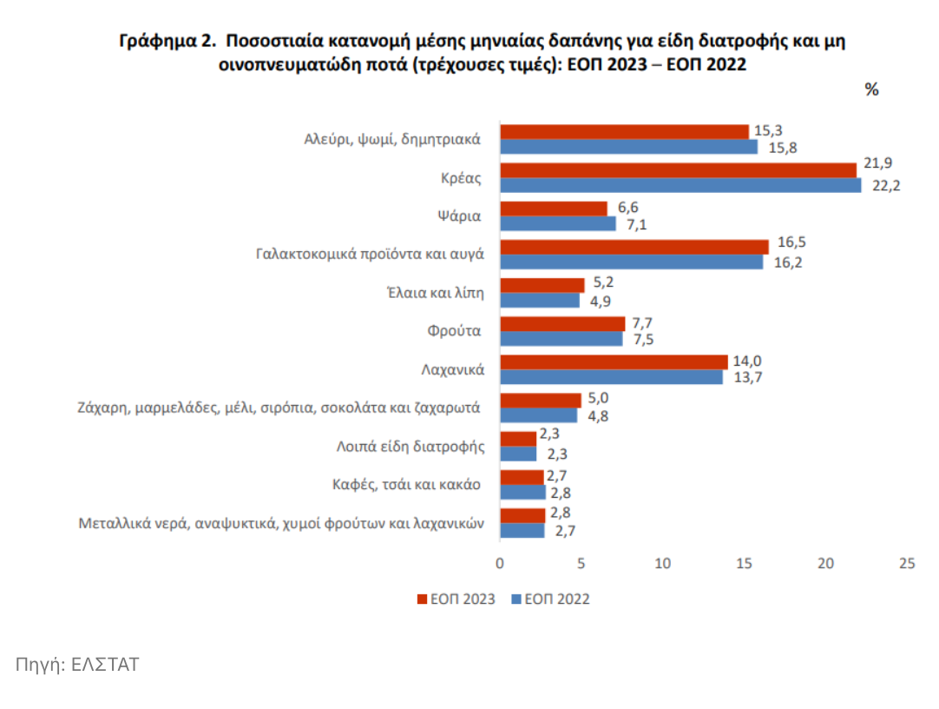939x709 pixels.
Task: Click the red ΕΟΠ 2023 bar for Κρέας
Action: tap(678, 170)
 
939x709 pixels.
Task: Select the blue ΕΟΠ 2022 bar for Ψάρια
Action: tap(557, 224)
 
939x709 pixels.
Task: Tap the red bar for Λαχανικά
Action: tap(614, 362)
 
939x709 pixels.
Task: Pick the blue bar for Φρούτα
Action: tap(561, 339)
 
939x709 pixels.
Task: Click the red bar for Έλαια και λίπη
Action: tap(542, 285)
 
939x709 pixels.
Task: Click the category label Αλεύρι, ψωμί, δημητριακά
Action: tap(392, 139)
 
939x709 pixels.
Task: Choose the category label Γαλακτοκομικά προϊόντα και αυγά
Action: tap(370, 255)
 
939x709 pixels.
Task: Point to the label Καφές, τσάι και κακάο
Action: tap(407, 484)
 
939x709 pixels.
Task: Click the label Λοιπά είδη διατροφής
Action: tap(410, 447)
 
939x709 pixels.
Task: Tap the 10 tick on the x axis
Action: tap(663, 563)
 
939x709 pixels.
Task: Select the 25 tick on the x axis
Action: tap(907, 563)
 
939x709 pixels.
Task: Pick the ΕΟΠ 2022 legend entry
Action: tap(550, 599)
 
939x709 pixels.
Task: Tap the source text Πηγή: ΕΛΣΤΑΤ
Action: tap(77, 665)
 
